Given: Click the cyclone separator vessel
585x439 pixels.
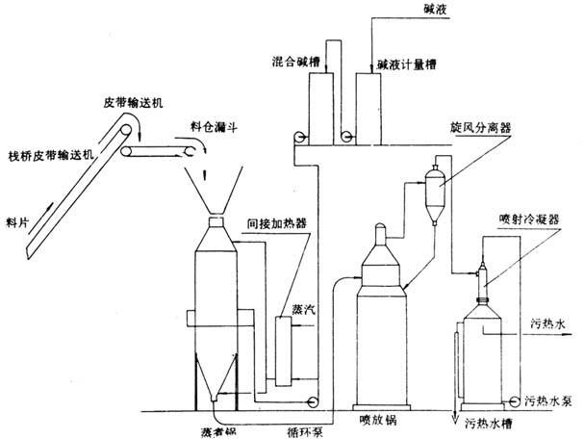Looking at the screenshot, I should pyautogui.click(x=433, y=178).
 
